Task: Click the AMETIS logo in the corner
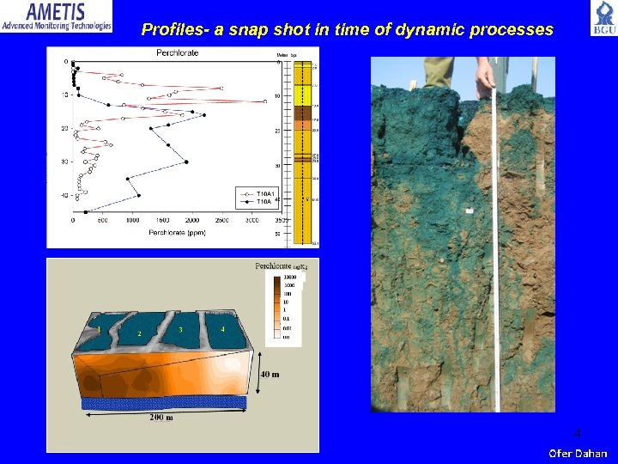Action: [x=57, y=16]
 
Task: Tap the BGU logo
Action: [x=603, y=19]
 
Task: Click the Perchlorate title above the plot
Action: [x=177, y=53]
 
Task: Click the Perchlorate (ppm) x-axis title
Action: [x=178, y=232]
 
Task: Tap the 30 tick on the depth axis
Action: [x=64, y=162]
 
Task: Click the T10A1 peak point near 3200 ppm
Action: [x=265, y=101]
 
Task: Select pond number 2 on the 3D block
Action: [x=139, y=333]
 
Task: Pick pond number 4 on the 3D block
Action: [x=223, y=329]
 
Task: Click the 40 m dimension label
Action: [x=270, y=374]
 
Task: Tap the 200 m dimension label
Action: [x=161, y=417]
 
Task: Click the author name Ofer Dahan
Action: [x=577, y=453]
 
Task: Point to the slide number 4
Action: [x=577, y=432]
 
